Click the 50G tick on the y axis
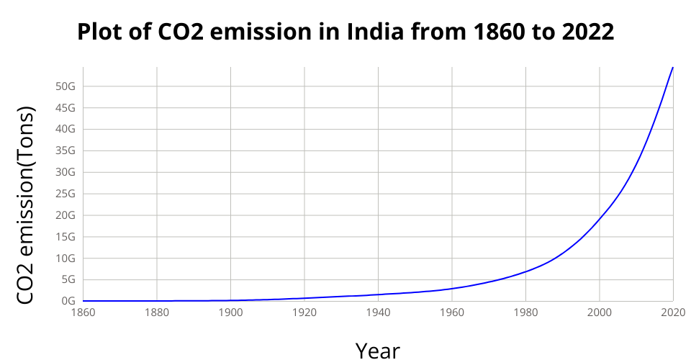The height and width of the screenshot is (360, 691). pos(66,86)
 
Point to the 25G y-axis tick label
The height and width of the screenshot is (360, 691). pos(66,194)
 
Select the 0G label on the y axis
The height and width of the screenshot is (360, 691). pos(68,301)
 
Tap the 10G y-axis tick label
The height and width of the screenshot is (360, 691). pos(66,258)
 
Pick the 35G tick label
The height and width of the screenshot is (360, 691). pos(66,151)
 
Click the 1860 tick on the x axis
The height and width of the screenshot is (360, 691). pos(83,312)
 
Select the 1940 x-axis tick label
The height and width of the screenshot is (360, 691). pos(378,312)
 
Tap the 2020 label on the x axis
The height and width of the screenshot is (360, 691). pos(673,312)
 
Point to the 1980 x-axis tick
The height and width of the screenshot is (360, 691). pos(525,312)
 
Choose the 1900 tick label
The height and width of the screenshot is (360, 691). pos(230,312)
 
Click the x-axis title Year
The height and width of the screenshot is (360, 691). pos(378,350)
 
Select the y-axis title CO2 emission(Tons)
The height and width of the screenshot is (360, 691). pos(25,206)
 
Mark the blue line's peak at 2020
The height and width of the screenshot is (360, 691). pos(672,67)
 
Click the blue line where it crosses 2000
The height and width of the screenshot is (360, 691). pos(600,217)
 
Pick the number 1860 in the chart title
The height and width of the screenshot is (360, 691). pos(500,32)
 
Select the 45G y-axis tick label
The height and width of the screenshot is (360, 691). pos(66,108)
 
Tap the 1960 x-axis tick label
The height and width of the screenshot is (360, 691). pos(452,312)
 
